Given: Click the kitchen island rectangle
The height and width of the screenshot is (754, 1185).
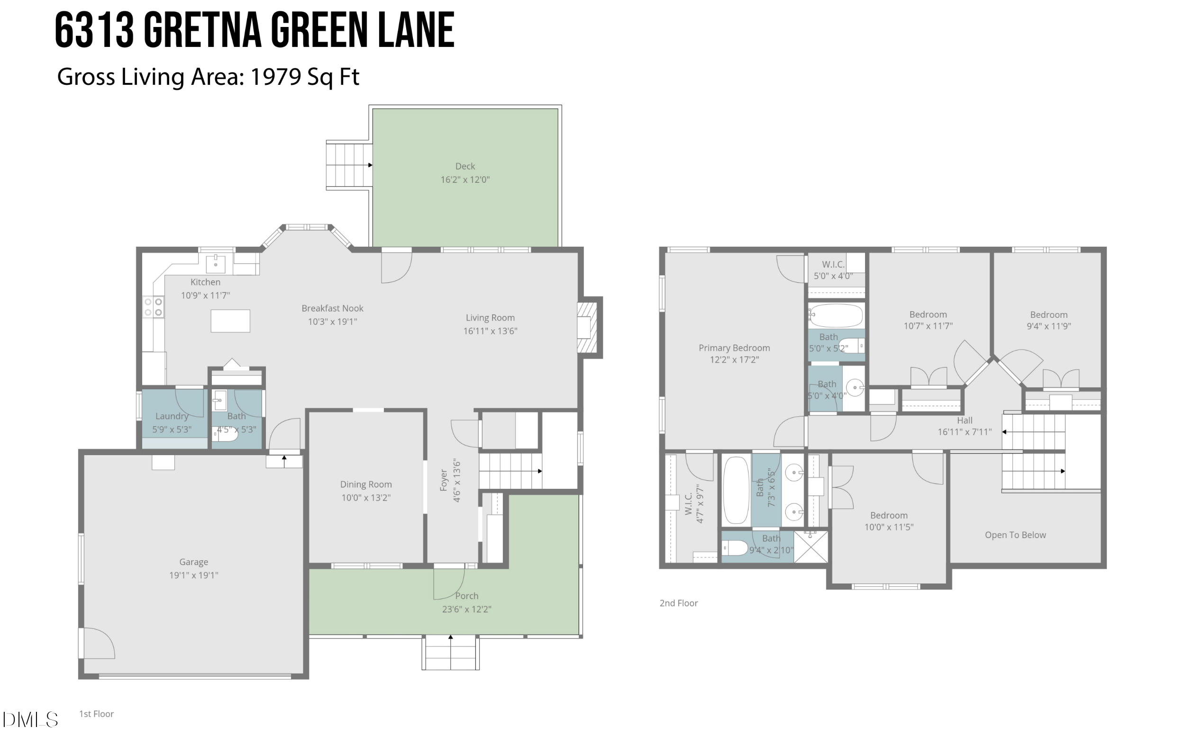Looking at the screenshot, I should click(230, 321).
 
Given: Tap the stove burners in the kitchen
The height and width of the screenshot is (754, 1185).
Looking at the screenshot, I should click(153, 307).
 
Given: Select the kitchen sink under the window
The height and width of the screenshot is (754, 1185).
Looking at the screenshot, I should click(216, 264).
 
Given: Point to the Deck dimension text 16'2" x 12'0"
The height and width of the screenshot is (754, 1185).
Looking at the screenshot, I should click(465, 180).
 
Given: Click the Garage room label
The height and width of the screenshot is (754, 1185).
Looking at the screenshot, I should click(193, 562).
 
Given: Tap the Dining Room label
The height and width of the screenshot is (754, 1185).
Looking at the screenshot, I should click(365, 485).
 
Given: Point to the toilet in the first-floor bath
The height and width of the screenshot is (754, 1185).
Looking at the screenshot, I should click(225, 434).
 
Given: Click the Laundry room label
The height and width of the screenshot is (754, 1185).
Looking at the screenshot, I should click(172, 416).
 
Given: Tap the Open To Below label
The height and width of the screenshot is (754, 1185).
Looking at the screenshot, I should click(1015, 535).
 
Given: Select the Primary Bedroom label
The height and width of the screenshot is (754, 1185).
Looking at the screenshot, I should click(734, 348).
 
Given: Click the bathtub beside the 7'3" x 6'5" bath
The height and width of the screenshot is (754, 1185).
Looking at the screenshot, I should click(736, 490).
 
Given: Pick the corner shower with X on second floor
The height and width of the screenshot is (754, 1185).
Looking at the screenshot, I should click(811, 547).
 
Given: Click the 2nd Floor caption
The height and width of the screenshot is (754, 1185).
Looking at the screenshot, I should click(678, 603).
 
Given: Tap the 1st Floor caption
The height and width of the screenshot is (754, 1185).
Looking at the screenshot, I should click(96, 714).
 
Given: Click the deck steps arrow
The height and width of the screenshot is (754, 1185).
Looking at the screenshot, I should click(370, 165).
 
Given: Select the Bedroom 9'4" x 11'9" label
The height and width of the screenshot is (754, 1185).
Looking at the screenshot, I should click(1048, 315).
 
